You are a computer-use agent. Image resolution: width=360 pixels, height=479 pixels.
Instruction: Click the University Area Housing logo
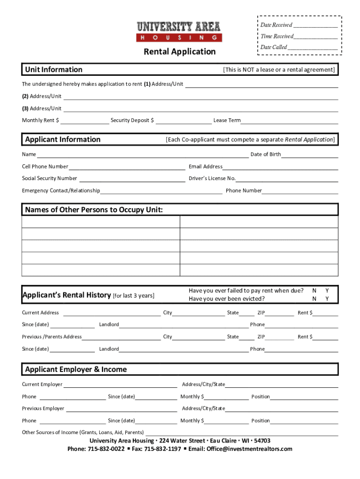tap(179, 32)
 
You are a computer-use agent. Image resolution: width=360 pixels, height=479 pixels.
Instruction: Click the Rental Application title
tap(180, 51)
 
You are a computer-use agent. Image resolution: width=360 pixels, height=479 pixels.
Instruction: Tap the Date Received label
tap(276, 25)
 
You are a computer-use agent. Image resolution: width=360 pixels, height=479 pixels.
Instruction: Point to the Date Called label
tap(274, 47)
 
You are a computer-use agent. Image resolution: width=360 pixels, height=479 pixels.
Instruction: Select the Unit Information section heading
tap(53, 70)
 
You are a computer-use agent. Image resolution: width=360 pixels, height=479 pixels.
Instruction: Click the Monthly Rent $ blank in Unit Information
tap(85, 121)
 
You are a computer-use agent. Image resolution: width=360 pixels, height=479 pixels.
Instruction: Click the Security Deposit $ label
tap(132, 121)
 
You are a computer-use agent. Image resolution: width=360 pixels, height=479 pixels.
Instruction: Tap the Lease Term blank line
tap(289, 121)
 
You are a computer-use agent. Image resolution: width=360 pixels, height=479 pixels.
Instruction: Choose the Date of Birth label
tap(266, 154)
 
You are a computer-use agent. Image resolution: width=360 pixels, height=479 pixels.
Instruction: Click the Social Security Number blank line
tap(132, 178)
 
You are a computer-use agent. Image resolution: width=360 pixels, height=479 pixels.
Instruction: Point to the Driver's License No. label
tap(212, 178)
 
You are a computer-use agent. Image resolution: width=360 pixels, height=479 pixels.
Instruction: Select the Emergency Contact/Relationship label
tap(61, 190)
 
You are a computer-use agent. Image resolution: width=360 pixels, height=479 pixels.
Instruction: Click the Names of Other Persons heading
tap(94, 210)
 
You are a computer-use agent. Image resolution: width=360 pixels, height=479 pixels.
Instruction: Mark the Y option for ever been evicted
tap(327, 299)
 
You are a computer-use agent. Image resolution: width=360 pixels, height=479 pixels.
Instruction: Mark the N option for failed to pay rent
tap(314, 290)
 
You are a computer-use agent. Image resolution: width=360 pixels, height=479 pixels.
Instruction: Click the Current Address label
tap(40, 312)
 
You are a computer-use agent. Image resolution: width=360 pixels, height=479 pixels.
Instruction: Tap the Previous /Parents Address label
tap(51, 337)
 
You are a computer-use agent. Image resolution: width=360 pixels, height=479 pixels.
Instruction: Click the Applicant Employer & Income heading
tap(76, 370)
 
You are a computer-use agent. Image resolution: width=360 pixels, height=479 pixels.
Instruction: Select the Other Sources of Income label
tap(83, 432)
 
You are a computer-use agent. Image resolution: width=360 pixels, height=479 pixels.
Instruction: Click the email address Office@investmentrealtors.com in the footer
tap(240, 449)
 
